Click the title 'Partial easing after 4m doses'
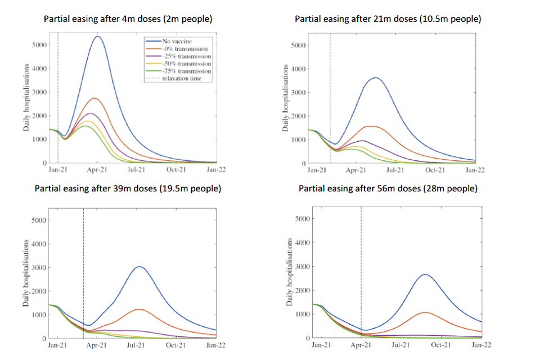pos(128,19)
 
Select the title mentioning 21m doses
pos(388,19)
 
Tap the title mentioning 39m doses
pos(128,188)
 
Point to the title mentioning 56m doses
pos(388,188)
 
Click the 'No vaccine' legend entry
pos(179,41)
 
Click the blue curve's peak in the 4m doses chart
pos(97,37)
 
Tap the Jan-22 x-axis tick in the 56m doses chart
pos(481,344)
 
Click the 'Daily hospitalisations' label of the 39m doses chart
pos(26,272)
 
